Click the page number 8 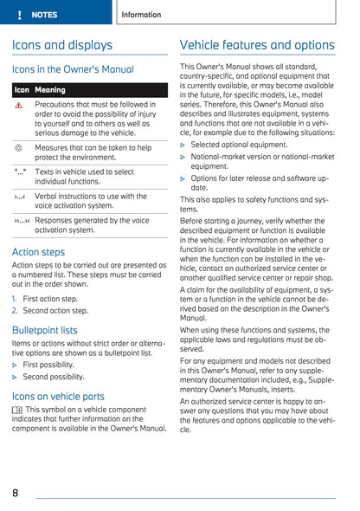click(x=16, y=493)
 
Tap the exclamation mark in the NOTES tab click(x=19, y=15)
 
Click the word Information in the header click(x=141, y=15)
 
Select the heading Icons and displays click(x=62, y=44)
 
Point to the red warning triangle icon click(x=20, y=104)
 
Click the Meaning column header click(x=50, y=89)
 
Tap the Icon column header click(x=22, y=89)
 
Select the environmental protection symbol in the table click(x=19, y=148)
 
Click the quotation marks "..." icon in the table click(x=20, y=171)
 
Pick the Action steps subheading click(x=38, y=252)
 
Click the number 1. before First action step click(x=16, y=298)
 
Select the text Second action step click(x=55, y=309)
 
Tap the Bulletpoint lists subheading click(x=45, y=330)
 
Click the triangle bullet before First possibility click(x=16, y=365)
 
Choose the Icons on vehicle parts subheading click(x=58, y=397)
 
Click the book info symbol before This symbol click(x=17, y=409)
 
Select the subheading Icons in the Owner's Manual click(x=73, y=68)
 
